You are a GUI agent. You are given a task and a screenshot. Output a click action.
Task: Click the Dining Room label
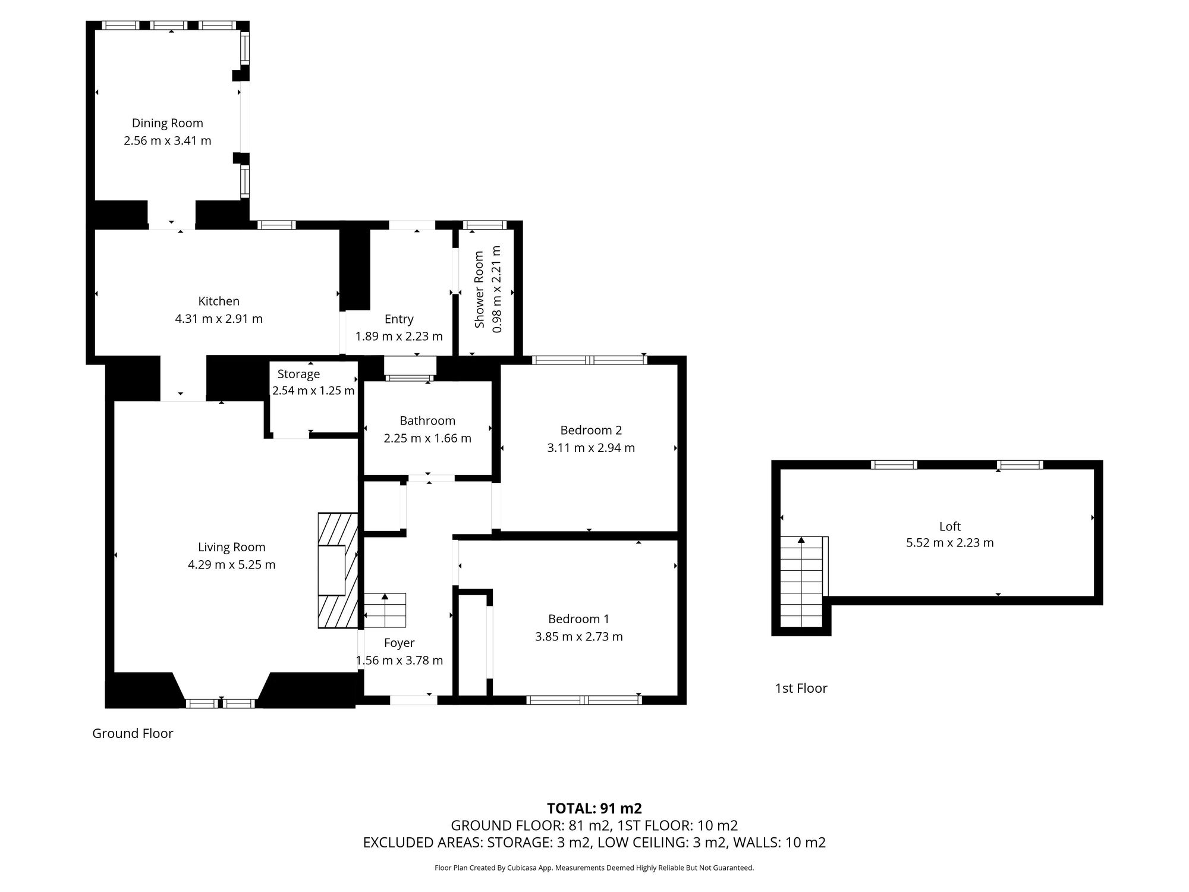167,123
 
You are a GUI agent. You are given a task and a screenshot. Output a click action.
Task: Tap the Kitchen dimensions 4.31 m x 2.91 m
219,319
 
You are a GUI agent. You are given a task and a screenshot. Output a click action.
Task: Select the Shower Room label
479,290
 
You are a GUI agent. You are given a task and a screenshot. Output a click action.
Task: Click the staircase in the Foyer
385,610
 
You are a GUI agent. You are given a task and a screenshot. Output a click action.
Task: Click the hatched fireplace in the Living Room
338,570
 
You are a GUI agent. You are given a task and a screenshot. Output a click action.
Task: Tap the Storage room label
298,374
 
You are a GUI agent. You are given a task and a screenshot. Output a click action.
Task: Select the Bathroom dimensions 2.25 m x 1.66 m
427,439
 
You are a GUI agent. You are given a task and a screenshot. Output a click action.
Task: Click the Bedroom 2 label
591,430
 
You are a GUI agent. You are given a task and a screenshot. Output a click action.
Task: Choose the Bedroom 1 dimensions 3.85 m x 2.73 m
579,637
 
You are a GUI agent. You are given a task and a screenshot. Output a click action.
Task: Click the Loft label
950,526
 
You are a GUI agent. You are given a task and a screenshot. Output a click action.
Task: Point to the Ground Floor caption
133,734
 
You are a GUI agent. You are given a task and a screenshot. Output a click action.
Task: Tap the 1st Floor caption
801,689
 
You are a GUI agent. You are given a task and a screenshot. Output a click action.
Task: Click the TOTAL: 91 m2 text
594,809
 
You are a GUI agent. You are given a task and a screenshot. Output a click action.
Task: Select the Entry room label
399,319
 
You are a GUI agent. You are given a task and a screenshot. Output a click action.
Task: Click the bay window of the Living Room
221,703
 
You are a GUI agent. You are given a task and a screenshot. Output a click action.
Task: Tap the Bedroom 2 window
589,360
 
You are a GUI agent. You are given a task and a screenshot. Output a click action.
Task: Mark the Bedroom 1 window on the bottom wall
584,700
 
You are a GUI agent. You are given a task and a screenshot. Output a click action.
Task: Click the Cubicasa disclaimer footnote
594,868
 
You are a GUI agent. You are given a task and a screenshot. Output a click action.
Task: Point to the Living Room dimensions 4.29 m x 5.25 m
232,565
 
